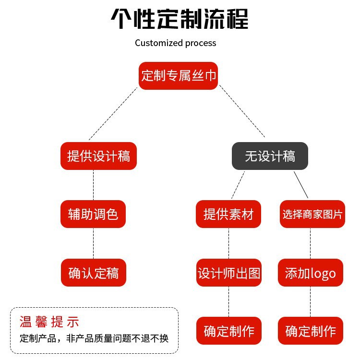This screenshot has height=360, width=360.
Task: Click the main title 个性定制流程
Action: click(x=180, y=20)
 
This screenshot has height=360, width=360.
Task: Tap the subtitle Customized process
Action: click(x=175, y=43)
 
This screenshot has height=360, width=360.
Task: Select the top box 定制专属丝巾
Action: click(x=179, y=76)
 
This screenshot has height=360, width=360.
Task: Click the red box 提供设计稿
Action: click(x=99, y=156)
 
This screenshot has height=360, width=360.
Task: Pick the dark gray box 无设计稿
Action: click(x=270, y=156)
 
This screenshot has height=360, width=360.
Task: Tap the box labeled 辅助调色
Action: click(x=93, y=214)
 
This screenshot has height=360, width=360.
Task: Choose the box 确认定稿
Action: click(x=93, y=273)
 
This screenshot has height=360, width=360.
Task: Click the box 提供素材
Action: click(x=228, y=214)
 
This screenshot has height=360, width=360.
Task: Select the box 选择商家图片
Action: click(x=312, y=214)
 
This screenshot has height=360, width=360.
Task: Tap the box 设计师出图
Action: click(x=229, y=273)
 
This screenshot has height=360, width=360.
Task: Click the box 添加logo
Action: click(x=311, y=273)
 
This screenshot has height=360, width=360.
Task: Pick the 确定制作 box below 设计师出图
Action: click(x=229, y=331)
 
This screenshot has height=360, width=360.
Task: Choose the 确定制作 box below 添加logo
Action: click(x=311, y=331)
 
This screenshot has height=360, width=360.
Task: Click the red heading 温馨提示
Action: click(x=49, y=322)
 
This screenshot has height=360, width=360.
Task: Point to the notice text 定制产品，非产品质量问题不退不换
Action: click(x=94, y=338)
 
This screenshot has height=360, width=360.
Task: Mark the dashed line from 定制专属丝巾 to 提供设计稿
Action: click(x=113, y=115)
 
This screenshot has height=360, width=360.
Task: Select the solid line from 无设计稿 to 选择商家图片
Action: click(x=300, y=184)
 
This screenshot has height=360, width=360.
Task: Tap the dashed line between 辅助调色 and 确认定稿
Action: click(x=93, y=243)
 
